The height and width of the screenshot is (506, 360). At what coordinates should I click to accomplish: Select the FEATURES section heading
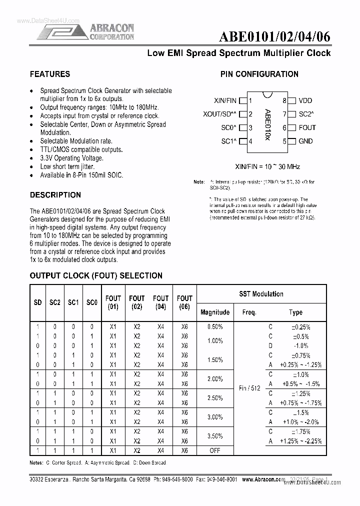click(x=50, y=74)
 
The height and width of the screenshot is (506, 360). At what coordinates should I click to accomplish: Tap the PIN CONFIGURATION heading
click(x=259, y=74)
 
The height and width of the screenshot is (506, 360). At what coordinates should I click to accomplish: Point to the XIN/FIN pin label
click(x=224, y=100)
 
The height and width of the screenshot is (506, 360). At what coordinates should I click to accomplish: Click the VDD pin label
click(x=305, y=100)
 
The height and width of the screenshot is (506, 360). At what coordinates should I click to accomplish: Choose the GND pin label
click(x=305, y=141)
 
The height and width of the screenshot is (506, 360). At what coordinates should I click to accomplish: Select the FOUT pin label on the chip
click(x=307, y=127)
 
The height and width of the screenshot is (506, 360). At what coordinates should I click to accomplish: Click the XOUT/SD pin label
click(x=220, y=114)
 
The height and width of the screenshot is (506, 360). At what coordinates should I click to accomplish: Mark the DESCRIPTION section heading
click(x=55, y=194)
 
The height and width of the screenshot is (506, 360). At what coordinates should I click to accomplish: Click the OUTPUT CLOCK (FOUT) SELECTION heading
click(x=96, y=275)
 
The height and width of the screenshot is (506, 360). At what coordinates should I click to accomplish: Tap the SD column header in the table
click(x=37, y=303)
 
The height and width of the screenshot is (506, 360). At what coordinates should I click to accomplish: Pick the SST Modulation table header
click(x=261, y=294)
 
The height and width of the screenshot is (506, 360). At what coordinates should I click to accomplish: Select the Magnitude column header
click(x=215, y=312)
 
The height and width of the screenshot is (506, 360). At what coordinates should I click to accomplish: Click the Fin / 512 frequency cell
click(x=249, y=388)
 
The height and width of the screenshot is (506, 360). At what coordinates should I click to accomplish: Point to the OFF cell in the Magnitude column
click(x=215, y=450)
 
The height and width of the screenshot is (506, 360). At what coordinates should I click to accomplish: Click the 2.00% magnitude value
click(x=215, y=378)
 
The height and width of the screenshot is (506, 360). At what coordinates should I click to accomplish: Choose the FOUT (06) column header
click(x=184, y=302)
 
